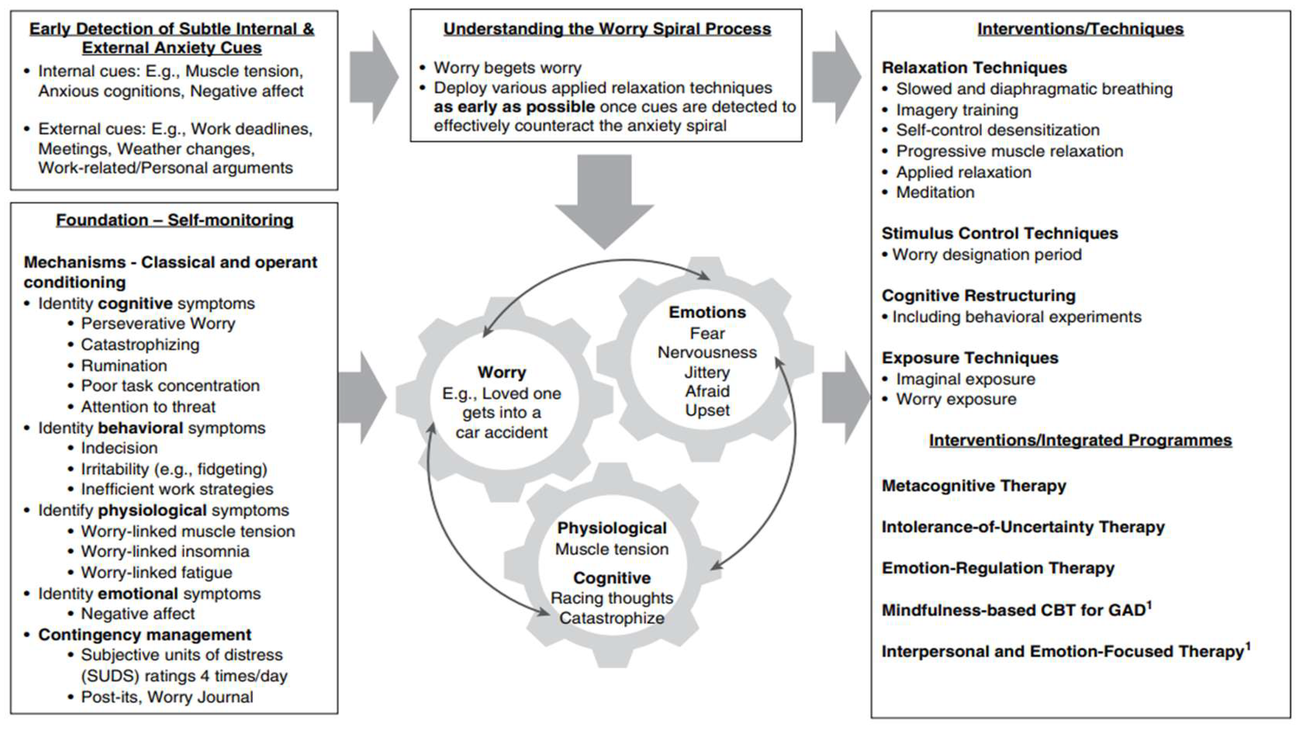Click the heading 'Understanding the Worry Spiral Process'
pos(607,29)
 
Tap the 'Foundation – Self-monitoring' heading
pos(174,220)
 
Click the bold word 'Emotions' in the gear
pos(707,312)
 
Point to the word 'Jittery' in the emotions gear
pos(707,372)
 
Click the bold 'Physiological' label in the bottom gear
pos(612,528)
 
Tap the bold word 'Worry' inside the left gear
pos(502,372)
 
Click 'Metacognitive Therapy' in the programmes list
pos(974,486)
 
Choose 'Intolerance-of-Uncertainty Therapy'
pos(1023,527)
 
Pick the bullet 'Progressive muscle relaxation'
pos(1009,151)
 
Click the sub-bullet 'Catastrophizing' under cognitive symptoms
pos(140,344)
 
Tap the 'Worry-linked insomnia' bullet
pos(165,551)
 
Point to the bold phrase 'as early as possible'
pos(514,107)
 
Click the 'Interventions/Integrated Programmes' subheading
pos(1080,440)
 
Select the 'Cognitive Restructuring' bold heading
pos(978,296)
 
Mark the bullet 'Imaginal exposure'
pos(965,379)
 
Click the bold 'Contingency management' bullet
pos(144,635)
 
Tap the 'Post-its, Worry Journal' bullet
pos(167,697)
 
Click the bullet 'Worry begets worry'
pos(507,68)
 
